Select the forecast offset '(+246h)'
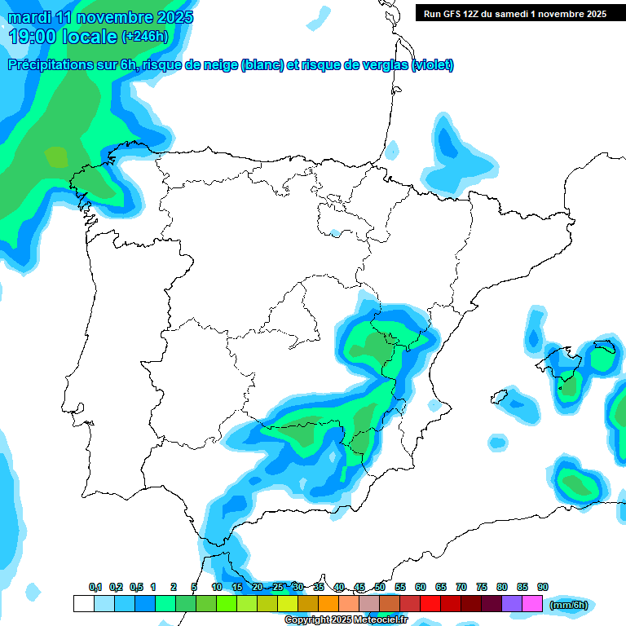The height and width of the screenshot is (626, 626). point(145,37)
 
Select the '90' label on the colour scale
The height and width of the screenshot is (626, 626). point(543,588)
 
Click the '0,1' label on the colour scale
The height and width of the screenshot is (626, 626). point(95,588)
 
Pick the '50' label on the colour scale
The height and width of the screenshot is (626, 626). point(380,588)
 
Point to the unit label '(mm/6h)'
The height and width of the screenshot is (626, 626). point(569,605)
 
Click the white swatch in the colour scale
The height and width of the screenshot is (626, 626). point(83,604)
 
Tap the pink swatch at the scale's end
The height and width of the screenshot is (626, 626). point(532,604)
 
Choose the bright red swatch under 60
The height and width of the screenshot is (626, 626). point(430,604)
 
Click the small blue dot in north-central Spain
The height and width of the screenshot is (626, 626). point(334,233)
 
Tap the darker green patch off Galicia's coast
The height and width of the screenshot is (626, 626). point(56,156)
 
